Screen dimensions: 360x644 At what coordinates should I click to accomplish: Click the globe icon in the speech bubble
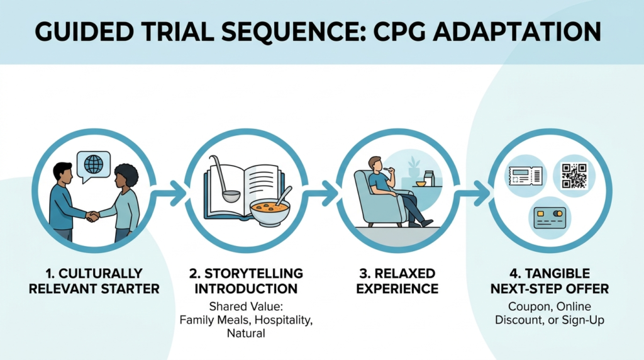(x=93, y=165)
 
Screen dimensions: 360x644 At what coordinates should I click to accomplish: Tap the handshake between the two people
(x=92, y=216)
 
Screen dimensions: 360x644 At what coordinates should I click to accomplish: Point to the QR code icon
(x=574, y=176)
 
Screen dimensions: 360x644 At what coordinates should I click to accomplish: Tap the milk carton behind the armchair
(x=429, y=178)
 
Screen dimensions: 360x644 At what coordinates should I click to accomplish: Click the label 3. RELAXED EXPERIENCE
(x=397, y=281)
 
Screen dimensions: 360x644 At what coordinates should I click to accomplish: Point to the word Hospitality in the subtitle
(x=280, y=320)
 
